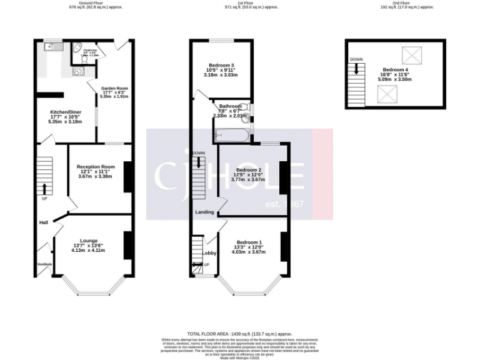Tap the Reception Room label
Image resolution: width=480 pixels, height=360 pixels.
[x=96, y=167]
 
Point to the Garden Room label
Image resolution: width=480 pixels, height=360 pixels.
[x=114, y=89]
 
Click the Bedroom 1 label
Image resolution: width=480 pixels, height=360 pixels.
[x=249, y=242]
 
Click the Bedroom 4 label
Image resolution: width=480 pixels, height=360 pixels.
[x=396, y=69]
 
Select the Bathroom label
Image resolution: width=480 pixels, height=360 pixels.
[x=230, y=107]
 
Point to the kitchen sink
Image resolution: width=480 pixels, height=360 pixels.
[x=50, y=46]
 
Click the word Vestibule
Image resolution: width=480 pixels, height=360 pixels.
[x=44, y=264]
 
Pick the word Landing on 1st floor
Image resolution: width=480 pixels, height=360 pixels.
[x=204, y=212]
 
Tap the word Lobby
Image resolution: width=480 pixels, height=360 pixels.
[x=209, y=252]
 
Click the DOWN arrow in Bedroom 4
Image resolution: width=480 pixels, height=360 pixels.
[x=357, y=68]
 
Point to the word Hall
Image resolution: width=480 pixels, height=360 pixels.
[x=44, y=222]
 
